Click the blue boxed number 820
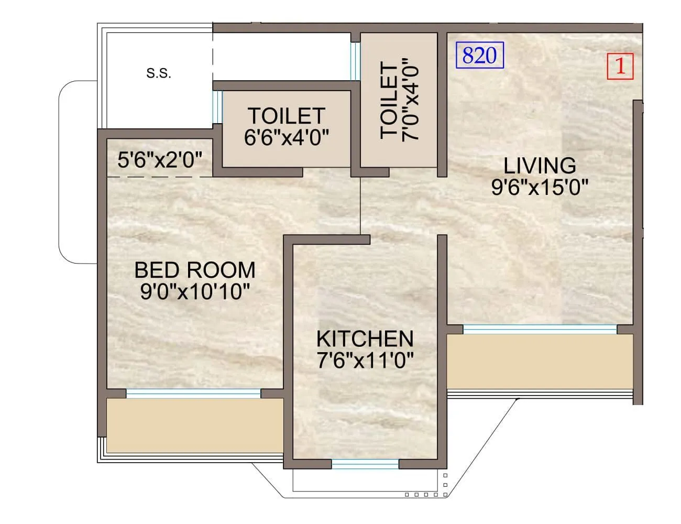pos(480,55)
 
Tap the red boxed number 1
pos(620,67)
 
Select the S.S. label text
pos(159,74)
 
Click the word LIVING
pos(540,166)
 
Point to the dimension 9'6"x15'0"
pos(540,187)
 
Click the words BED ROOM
pos(195,270)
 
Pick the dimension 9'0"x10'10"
pos(195,292)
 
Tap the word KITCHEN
pos(365,339)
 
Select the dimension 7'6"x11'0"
pos(365,361)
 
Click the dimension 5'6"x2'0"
pos(160,160)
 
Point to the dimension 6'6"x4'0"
pos(287,137)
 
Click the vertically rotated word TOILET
pos(389,101)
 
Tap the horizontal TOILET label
pos(287,116)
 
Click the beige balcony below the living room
pos(540,362)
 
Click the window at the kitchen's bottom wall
pos(365,464)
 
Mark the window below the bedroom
pos(193,394)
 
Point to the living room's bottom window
pos(540,329)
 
